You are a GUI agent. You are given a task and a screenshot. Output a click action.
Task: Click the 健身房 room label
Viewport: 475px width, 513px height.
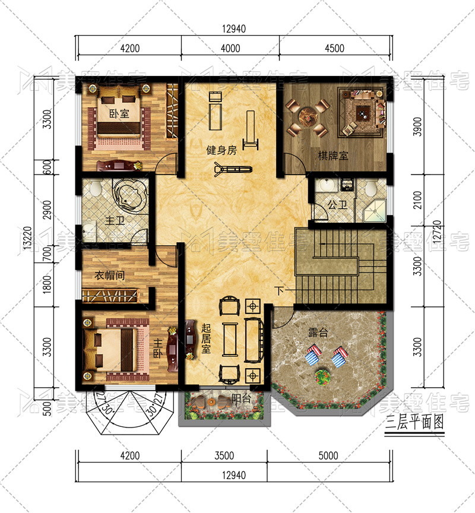221,150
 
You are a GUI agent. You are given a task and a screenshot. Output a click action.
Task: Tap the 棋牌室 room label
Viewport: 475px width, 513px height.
333,156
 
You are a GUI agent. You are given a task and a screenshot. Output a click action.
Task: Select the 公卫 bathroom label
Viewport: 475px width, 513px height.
337,205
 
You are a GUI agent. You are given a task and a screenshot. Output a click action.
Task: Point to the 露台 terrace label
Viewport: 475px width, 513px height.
318,332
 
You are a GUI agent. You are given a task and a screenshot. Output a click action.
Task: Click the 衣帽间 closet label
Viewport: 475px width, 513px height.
110,275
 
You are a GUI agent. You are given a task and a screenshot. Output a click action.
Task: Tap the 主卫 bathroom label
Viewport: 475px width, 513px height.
115,220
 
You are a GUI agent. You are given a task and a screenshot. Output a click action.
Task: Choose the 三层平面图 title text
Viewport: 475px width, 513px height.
414,422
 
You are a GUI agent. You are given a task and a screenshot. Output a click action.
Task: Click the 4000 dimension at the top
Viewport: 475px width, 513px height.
230,49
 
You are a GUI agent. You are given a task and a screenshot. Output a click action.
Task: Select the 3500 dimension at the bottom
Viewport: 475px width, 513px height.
224,455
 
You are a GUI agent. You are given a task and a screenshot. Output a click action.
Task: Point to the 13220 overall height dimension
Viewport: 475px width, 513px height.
28,238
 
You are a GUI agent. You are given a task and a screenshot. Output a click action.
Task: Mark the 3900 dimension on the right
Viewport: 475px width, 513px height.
418,126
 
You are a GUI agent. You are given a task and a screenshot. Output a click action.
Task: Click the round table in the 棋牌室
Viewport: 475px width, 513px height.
307,118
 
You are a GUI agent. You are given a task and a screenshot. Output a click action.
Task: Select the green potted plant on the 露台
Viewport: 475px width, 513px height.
322,376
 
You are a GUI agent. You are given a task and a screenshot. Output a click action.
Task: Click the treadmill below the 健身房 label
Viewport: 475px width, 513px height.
233,169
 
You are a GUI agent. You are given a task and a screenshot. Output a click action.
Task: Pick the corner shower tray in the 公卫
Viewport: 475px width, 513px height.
375,211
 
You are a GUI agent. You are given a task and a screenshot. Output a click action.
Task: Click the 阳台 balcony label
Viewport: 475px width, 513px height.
241,399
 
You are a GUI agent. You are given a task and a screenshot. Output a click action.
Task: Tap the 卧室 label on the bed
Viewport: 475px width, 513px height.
119,114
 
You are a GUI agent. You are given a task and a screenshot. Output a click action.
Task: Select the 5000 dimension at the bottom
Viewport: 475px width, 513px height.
328,455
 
